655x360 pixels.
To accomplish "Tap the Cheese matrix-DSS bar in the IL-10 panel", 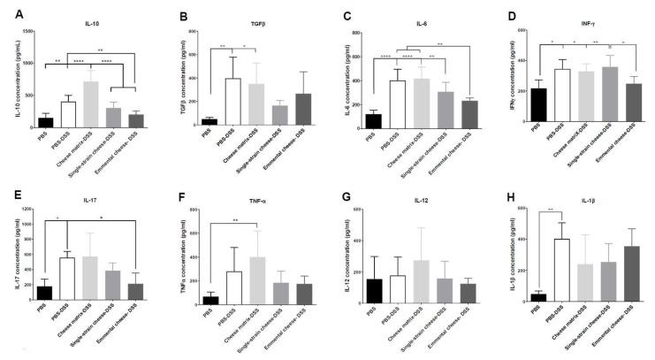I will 90,105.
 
